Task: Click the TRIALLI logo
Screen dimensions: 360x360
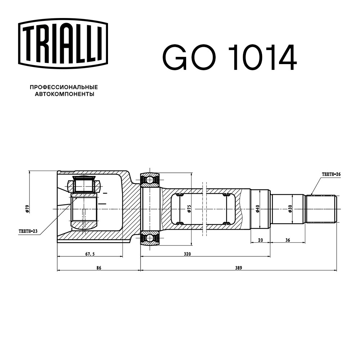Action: (x=63, y=43)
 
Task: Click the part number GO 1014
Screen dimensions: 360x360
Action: (x=230, y=57)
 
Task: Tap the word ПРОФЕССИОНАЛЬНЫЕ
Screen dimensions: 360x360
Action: (x=64, y=87)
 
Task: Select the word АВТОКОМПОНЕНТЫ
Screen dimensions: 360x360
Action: (x=64, y=94)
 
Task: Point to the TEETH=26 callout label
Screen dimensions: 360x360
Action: (x=331, y=174)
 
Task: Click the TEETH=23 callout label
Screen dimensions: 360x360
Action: (x=28, y=231)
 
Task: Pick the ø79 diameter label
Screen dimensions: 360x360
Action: (x=27, y=208)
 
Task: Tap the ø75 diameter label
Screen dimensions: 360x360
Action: (x=189, y=208)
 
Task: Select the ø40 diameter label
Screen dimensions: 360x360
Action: (x=257, y=209)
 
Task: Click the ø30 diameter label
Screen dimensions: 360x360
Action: (x=290, y=209)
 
